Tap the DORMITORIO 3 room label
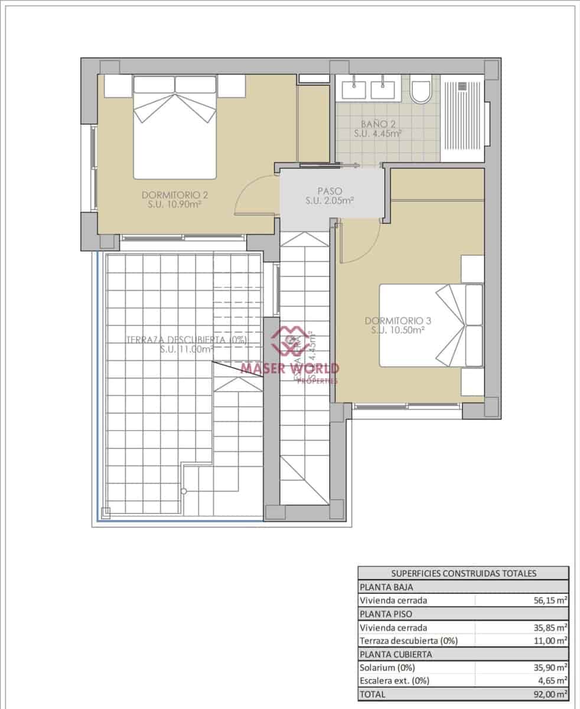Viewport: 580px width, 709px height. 398,326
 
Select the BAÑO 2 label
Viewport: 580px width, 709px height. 378,129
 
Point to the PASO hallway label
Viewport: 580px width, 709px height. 330,196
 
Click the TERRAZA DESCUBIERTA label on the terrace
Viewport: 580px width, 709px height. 186,344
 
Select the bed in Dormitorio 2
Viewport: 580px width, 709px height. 175,127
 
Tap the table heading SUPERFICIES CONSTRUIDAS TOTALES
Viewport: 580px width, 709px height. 463,573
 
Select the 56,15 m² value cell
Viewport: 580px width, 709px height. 549,600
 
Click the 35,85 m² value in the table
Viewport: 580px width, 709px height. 549,627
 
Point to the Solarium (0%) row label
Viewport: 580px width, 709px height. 387,668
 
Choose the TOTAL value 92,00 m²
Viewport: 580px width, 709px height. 549,694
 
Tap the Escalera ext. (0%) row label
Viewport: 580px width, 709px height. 395,681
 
